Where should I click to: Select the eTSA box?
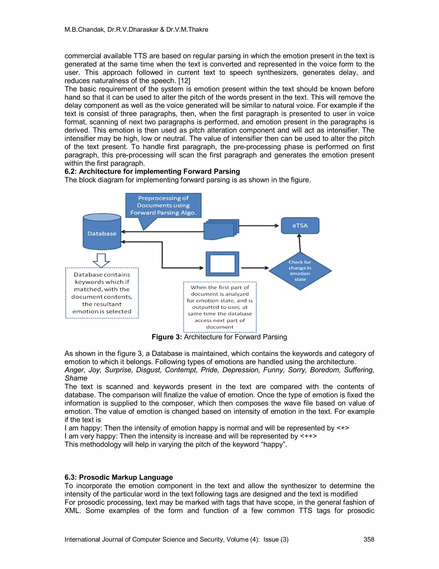click(300, 225)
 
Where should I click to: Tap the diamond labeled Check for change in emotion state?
click(300, 271)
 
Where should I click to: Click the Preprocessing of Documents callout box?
click(163, 205)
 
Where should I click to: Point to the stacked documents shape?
click(221, 229)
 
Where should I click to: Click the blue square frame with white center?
click(222, 264)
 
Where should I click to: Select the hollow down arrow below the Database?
click(101, 260)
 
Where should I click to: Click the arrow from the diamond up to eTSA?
click(300, 243)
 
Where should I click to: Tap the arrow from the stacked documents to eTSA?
click(259, 226)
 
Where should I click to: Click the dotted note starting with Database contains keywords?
click(102, 293)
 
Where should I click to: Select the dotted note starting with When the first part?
click(220, 307)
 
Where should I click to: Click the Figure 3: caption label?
click(167, 337)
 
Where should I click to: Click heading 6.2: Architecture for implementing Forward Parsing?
click(152, 171)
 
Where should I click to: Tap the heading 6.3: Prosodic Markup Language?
click(119, 477)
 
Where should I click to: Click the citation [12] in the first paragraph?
click(184, 81)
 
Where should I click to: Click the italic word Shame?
click(76, 378)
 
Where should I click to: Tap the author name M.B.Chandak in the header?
click(84, 29)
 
